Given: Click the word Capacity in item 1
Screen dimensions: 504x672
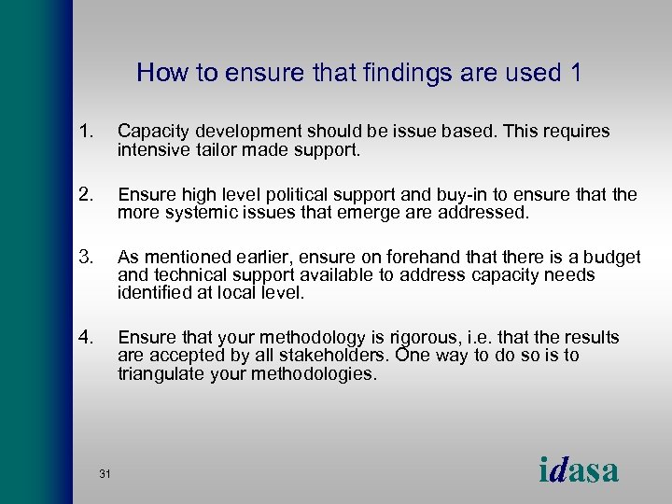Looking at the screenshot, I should [149, 132].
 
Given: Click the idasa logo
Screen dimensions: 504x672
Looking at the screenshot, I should [579, 470].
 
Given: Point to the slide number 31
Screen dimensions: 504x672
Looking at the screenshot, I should [105, 475].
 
